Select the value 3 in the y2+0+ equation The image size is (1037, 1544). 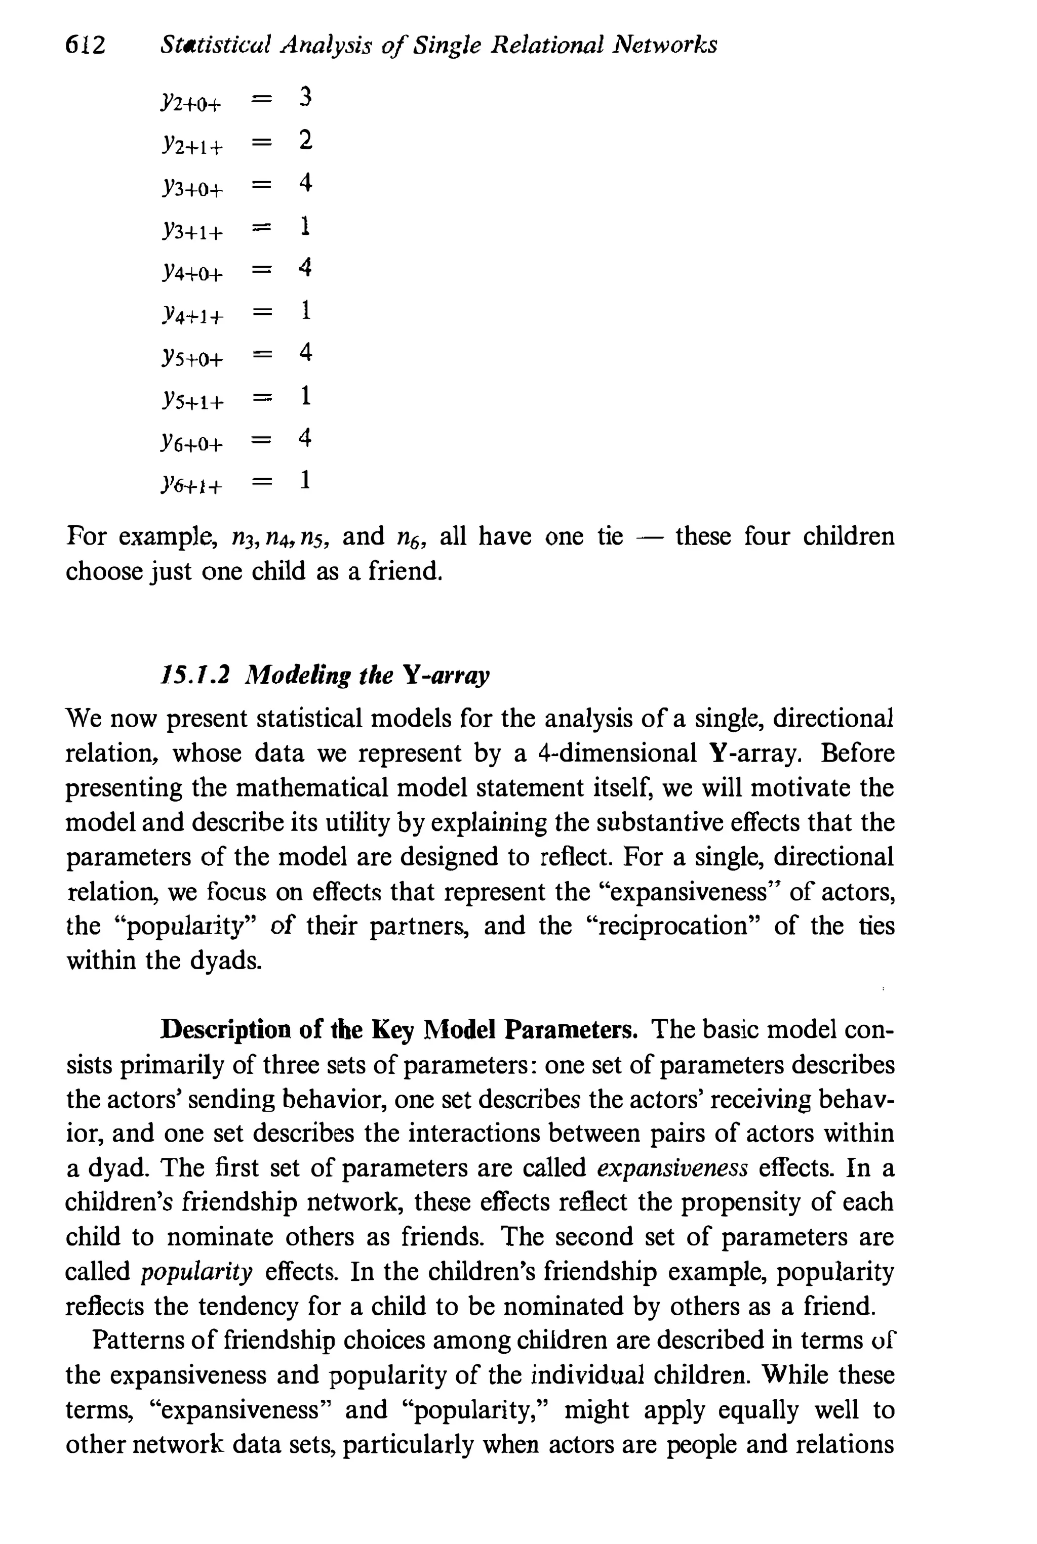304,97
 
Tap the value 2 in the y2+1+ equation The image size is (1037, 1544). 304,140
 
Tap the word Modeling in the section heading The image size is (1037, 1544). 297,676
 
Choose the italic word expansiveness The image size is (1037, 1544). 672,1168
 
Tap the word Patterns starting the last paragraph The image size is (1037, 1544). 136,1340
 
